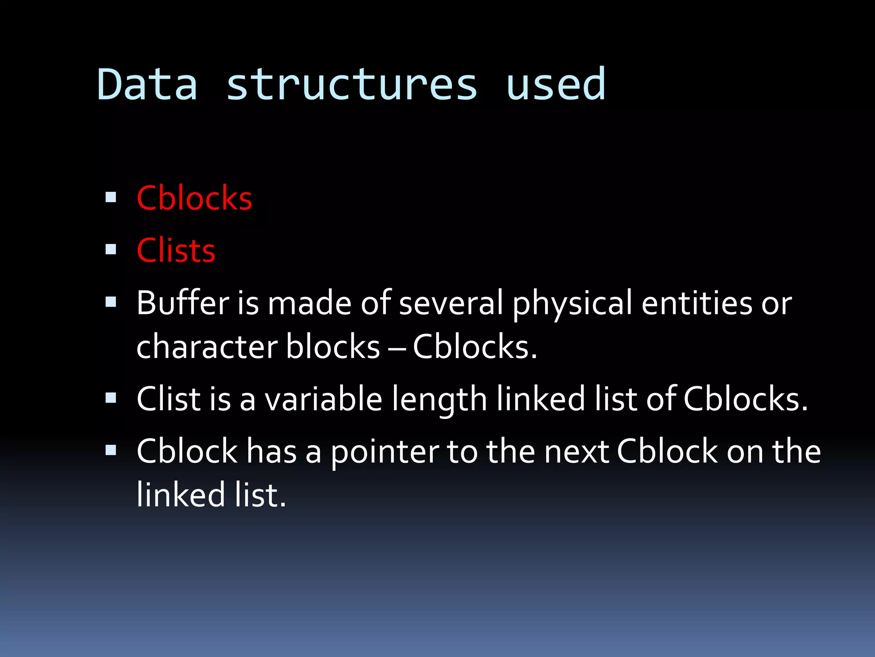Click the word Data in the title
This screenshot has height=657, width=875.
(x=147, y=85)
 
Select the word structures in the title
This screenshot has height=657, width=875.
(x=351, y=85)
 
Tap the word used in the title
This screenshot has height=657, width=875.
(x=555, y=85)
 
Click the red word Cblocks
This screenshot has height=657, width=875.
(x=194, y=198)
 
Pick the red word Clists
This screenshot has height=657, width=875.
(x=176, y=251)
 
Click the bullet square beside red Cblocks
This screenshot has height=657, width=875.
(x=111, y=197)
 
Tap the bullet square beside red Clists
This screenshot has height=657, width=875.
(x=111, y=249)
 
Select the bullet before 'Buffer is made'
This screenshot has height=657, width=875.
(x=111, y=302)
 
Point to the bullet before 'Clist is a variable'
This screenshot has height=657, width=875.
(x=111, y=398)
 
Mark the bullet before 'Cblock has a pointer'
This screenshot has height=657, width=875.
(x=111, y=450)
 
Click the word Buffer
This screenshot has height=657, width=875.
(x=183, y=303)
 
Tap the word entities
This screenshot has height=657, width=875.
(x=696, y=303)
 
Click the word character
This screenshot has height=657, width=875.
(x=207, y=347)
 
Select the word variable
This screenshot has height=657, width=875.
(x=323, y=399)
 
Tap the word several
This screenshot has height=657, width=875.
(x=451, y=303)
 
